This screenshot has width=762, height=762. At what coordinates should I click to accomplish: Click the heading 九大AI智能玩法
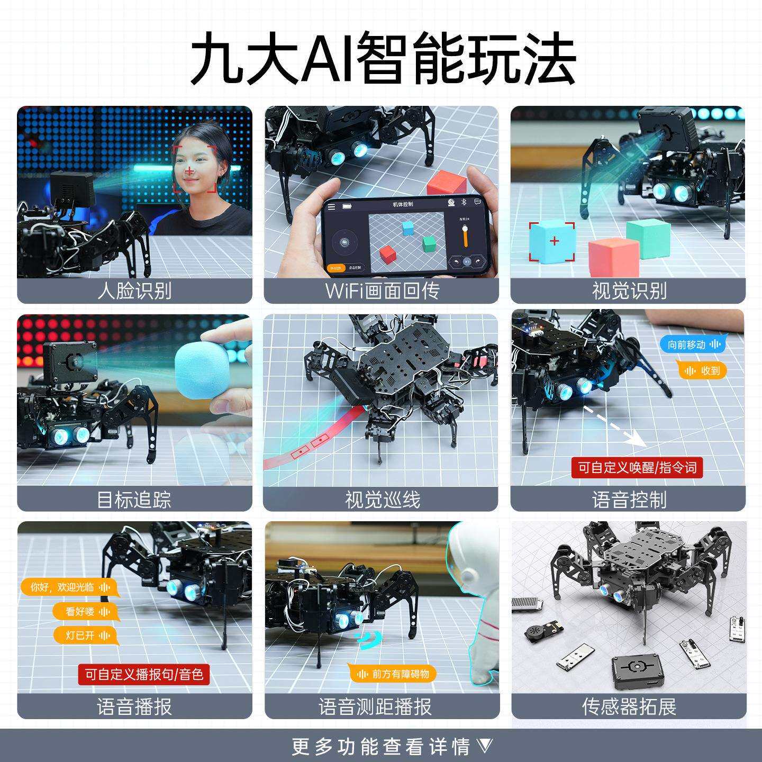tap(382, 58)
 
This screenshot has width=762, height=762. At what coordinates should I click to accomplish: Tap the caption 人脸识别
tap(134, 291)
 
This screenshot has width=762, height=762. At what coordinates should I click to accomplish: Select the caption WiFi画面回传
tap(382, 291)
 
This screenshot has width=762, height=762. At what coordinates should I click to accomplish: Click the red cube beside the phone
tap(447, 183)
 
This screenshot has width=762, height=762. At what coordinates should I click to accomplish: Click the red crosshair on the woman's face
tap(189, 171)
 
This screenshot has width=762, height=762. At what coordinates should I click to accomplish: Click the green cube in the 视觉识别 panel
tap(648, 238)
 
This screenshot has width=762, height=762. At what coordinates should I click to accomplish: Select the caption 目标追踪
tap(134, 499)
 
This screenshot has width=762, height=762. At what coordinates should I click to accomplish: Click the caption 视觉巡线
tap(382, 499)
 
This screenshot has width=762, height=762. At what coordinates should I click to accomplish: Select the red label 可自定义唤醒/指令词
tap(637, 467)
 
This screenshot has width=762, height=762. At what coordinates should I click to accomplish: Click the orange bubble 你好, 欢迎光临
tap(69, 587)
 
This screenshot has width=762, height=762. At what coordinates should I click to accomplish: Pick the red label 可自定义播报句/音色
tap(143, 674)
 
